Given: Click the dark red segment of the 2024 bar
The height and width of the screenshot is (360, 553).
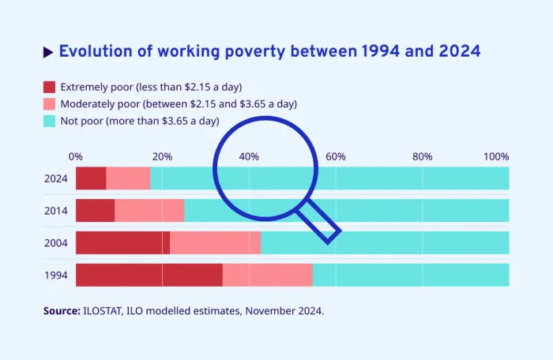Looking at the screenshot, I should tap(91, 178).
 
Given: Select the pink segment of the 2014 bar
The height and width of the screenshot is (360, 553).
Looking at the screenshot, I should tap(149, 211).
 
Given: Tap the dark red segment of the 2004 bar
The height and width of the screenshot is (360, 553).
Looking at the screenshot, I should tap(122, 242).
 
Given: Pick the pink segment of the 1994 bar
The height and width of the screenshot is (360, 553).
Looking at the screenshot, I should tap(267, 275).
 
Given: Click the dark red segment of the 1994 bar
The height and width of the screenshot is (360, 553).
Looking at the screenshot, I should tap(149, 275).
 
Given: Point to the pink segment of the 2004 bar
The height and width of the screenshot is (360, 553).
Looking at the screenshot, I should tap(215, 242).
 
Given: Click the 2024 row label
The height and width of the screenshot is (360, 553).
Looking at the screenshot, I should tap(56, 178).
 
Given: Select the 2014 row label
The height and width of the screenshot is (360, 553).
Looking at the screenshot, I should tap(56, 211).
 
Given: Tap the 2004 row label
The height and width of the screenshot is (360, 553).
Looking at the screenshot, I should tap(56, 242).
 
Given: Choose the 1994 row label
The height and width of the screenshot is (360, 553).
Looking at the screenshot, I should tap(56, 275).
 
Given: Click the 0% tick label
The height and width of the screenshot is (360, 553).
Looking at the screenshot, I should tap(76, 156).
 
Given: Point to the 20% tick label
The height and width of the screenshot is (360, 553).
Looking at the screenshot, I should tap(162, 156).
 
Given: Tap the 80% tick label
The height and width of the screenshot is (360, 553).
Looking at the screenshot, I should tap(422, 156).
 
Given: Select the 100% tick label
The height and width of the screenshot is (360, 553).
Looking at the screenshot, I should tap(496, 156).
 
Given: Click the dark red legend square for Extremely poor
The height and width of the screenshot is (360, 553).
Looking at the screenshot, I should tap(49, 87).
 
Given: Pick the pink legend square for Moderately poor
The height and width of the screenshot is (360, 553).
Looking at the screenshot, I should tap(49, 104).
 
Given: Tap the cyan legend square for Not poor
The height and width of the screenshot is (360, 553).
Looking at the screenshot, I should tap(49, 121).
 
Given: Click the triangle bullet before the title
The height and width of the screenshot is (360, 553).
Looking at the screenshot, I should tap(48, 52).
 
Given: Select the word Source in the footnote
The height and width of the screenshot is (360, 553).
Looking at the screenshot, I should tap(61, 311).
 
